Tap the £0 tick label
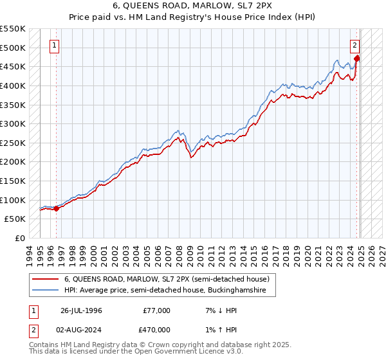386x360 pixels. click(x=20, y=238)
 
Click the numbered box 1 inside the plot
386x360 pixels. click(x=56, y=46)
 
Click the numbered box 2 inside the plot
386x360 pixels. click(x=354, y=46)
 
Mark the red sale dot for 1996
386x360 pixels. click(x=57, y=208)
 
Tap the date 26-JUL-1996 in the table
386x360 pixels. click(x=81, y=310)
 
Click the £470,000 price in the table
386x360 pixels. click(x=157, y=330)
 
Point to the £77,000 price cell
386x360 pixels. click(x=157, y=310)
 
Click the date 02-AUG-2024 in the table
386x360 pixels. click(x=81, y=330)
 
